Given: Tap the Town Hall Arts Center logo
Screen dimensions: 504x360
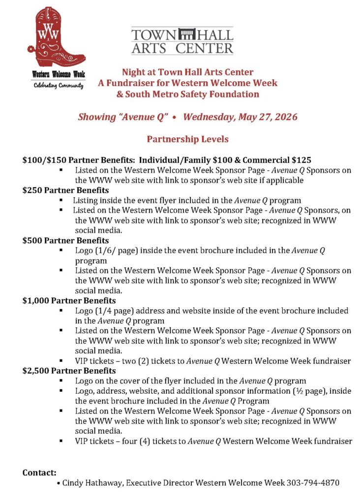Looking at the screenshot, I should [x=182, y=40].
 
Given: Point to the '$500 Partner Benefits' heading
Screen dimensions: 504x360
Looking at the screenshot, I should [x=65, y=240].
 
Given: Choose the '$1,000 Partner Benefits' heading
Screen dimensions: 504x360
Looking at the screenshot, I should [x=69, y=300].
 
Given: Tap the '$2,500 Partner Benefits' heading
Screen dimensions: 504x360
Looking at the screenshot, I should [x=69, y=370].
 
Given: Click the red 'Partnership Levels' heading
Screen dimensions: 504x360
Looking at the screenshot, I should [x=187, y=139].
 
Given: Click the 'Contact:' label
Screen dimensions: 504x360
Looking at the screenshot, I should [x=39, y=472].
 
